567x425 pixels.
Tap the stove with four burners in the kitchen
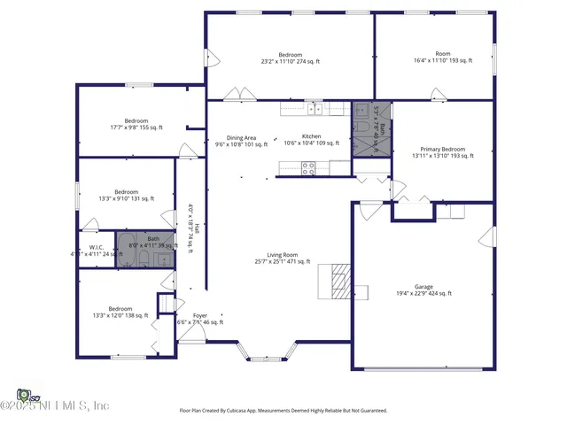(x=308, y=167)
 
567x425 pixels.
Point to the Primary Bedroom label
(x=442, y=151)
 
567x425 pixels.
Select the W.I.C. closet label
(x=97, y=251)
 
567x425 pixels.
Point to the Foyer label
(x=200, y=319)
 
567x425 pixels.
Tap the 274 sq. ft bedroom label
(x=291, y=57)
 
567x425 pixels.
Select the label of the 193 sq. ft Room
(x=443, y=57)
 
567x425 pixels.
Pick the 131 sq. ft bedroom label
(x=126, y=196)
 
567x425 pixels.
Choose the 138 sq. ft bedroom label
(x=120, y=313)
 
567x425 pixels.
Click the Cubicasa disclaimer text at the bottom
(x=283, y=410)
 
